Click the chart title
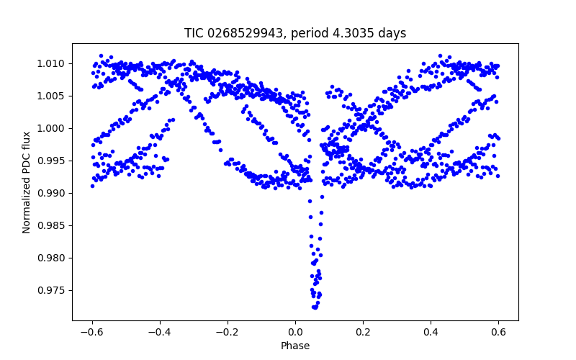[295, 33]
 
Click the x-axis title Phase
[295, 346]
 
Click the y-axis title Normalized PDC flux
[27, 181]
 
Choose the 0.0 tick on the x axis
[295, 332]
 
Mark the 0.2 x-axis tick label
[363, 332]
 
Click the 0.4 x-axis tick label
[431, 332]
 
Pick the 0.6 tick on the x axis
[498, 332]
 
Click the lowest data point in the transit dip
[315, 307]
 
